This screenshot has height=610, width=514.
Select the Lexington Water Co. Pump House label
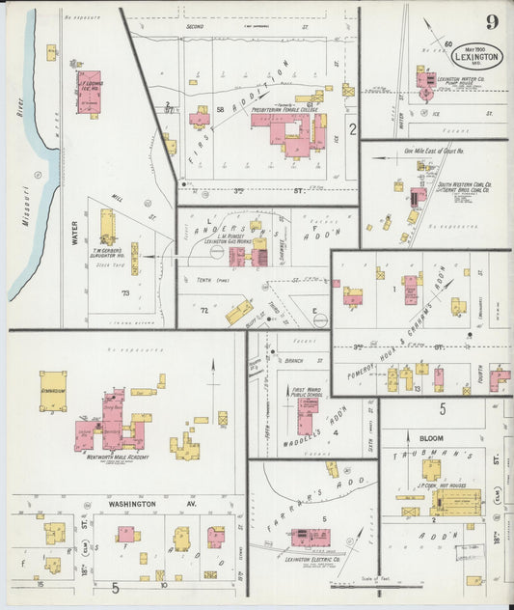460,81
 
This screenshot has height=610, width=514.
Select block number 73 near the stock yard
123,291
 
